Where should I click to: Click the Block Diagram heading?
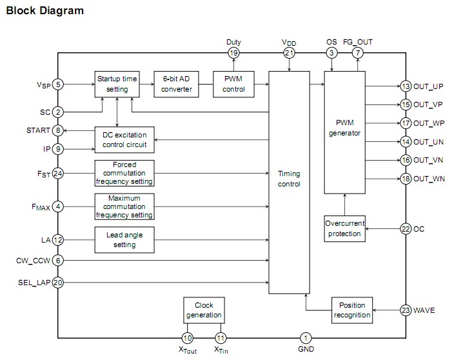44,11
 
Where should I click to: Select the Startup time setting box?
117,84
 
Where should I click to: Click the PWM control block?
233,84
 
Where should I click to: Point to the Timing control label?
289,179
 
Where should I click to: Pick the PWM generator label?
344,128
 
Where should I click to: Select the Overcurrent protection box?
344,228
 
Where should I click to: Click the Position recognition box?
353,310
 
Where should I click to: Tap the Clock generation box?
204,310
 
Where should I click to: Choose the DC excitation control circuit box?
124,139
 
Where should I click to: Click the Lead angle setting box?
124,240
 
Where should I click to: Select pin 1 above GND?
306,337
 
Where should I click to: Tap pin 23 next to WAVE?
406,310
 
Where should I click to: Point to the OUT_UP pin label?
429,86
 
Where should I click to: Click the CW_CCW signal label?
32,260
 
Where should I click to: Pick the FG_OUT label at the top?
358,42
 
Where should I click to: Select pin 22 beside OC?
406,228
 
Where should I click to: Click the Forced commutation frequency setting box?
124,173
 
